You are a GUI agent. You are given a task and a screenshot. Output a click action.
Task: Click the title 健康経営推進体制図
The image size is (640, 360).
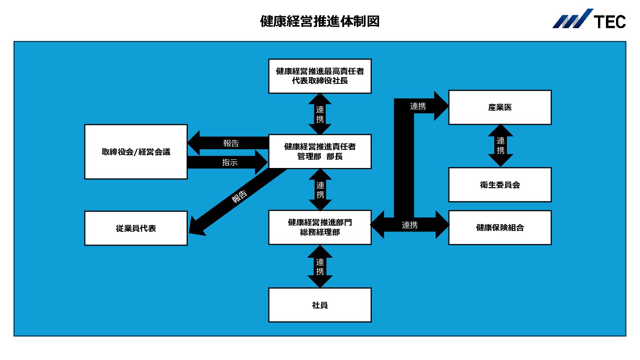(320, 21)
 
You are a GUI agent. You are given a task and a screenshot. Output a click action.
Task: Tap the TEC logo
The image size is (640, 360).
(589, 19)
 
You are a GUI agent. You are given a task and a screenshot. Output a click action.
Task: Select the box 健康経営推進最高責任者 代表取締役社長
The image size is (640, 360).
(320, 76)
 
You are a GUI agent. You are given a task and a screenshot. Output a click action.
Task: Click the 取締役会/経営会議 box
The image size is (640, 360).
(136, 152)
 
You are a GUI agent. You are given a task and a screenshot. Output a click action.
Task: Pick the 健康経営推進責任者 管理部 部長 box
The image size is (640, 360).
(320, 151)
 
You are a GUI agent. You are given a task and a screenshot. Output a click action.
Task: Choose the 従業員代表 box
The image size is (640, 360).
(136, 228)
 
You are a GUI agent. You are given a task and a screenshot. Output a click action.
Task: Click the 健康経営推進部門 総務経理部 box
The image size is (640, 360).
(320, 228)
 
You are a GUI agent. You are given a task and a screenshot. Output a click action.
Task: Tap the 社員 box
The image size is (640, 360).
(320, 305)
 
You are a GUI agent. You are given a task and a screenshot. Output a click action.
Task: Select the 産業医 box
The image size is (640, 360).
(500, 108)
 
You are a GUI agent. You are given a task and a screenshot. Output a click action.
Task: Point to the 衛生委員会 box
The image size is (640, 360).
(500, 185)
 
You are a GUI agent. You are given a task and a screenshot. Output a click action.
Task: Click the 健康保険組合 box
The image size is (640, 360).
(500, 228)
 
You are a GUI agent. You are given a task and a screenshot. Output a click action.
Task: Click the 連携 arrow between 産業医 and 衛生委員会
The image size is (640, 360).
(501, 145)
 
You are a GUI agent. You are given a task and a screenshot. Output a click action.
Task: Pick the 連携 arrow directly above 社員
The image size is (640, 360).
(320, 267)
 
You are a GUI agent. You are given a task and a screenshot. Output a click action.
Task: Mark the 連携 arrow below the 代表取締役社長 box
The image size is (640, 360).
(320, 114)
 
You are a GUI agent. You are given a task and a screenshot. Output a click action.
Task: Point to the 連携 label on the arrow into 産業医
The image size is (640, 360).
(418, 106)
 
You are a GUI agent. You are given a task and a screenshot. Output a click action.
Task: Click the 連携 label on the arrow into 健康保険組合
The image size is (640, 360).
(410, 225)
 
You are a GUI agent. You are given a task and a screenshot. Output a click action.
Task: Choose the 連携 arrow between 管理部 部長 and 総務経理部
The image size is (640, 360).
(320, 190)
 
